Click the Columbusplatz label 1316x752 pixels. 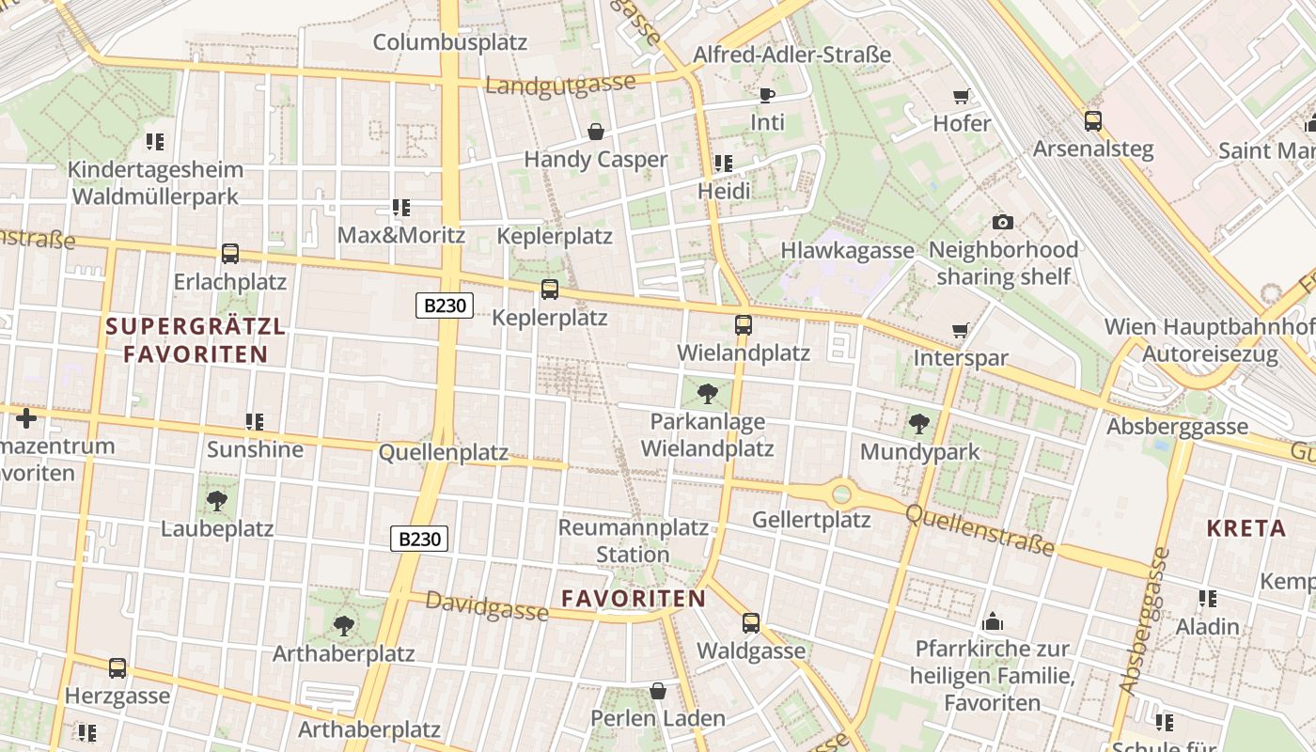point(449,42)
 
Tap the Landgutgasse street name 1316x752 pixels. point(560,86)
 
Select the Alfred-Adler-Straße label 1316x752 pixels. point(791,55)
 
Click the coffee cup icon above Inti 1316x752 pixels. point(766,95)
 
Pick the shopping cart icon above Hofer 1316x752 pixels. point(961,96)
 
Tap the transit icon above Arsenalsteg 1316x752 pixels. point(1092,121)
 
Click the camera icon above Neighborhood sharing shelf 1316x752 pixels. point(1002,223)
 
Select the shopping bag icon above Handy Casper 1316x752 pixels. point(595,132)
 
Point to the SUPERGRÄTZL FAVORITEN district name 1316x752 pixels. point(196,340)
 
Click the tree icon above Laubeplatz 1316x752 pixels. point(217,501)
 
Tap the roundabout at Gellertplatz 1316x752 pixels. point(841,493)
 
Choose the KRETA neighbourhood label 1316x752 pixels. point(1246,528)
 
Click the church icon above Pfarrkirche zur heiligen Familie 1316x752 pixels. point(992,622)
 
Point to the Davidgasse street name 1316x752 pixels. point(487,605)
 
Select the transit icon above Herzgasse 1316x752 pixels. point(117,668)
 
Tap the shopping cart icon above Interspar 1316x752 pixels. point(960,331)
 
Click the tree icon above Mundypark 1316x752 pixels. point(919,424)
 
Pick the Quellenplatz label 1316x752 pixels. point(443,453)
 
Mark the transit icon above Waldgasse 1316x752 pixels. point(750,623)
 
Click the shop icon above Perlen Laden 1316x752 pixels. point(658,692)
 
